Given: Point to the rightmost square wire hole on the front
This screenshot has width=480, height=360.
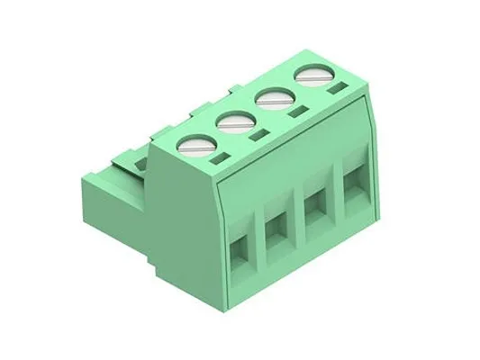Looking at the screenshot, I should click(x=350, y=186).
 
